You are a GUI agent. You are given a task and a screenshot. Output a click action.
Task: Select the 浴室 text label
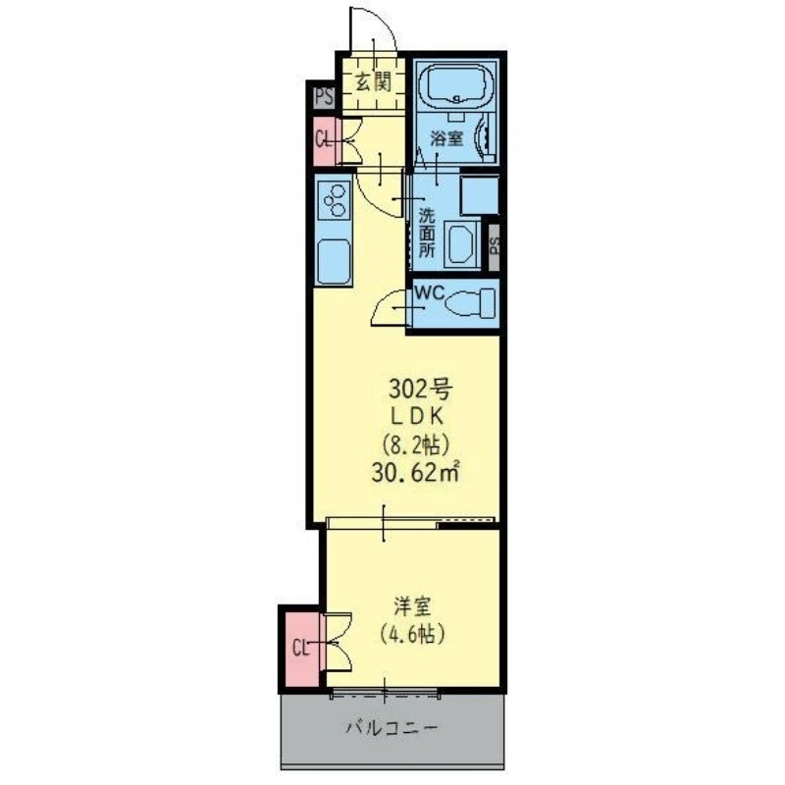(x=447, y=138)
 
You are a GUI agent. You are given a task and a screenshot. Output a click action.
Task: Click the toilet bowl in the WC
(x=467, y=305)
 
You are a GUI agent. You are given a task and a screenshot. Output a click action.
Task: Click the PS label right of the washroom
(x=495, y=241)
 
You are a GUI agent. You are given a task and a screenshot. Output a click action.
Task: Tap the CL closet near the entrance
(x=323, y=138)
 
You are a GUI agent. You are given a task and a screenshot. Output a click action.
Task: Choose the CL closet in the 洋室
(x=301, y=648)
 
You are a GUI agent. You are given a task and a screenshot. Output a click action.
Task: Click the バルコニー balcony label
(x=392, y=728)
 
